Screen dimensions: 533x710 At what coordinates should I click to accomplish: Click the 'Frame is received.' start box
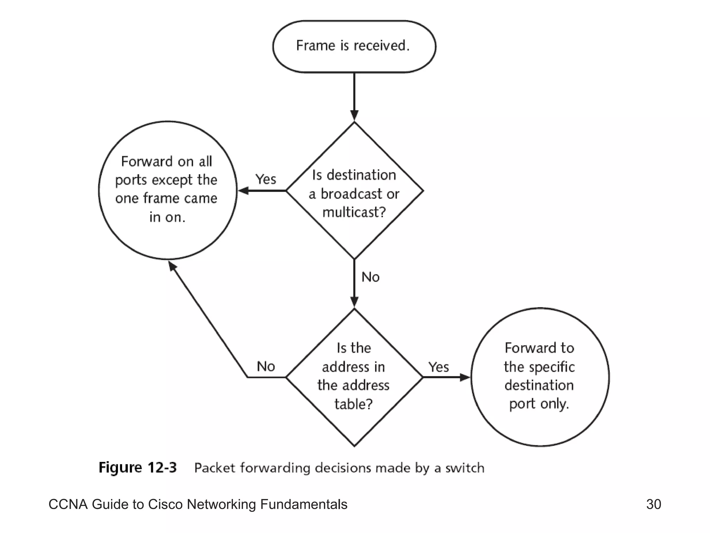[x=354, y=46]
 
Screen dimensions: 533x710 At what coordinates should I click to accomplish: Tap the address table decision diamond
[x=354, y=377]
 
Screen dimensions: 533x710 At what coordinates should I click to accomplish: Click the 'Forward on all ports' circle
[x=168, y=190]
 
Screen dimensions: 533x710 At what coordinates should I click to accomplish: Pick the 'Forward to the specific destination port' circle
[x=540, y=377]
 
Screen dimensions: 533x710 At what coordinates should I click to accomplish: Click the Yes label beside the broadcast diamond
[x=266, y=179]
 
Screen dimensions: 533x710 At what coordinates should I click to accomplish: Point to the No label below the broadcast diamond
[x=370, y=277]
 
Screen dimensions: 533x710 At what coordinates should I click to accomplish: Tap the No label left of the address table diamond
[x=266, y=366]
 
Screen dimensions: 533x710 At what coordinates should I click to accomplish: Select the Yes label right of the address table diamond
[x=439, y=367]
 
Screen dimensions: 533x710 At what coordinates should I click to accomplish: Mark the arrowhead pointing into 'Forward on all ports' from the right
[x=244, y=191]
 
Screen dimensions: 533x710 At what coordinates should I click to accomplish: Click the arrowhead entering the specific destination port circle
[x=465, y=377]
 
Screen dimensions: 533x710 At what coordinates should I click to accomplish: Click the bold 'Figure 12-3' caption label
[x=138, y=467]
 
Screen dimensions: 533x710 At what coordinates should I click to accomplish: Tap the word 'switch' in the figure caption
[x=465, y=468]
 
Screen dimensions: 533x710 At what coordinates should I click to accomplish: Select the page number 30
[x=653, y=504]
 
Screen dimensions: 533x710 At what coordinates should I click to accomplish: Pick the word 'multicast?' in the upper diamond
[x=354, y=212]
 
